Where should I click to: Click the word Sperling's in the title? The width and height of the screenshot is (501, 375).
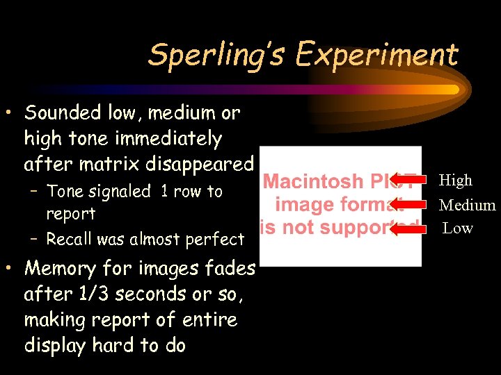(x=216, y=54)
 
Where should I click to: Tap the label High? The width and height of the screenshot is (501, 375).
(x=456, y=181)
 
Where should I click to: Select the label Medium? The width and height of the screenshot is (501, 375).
(x=468, y=205)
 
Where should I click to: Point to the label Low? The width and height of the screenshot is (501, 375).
(x=458, y=228)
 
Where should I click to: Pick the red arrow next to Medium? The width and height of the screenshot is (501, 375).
(x=408, y=205)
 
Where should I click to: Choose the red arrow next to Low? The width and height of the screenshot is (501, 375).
(x=408, y=228)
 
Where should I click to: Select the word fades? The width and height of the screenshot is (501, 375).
(x=230, y=268)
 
